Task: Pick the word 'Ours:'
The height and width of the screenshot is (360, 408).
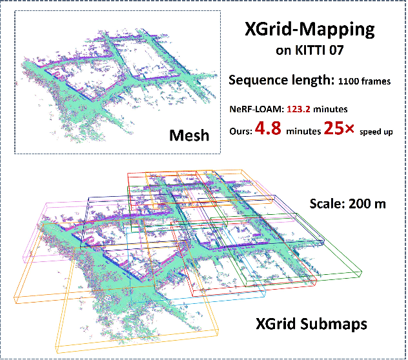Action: pos(241,130)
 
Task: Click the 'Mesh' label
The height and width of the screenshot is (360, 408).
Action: pos(190,135)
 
